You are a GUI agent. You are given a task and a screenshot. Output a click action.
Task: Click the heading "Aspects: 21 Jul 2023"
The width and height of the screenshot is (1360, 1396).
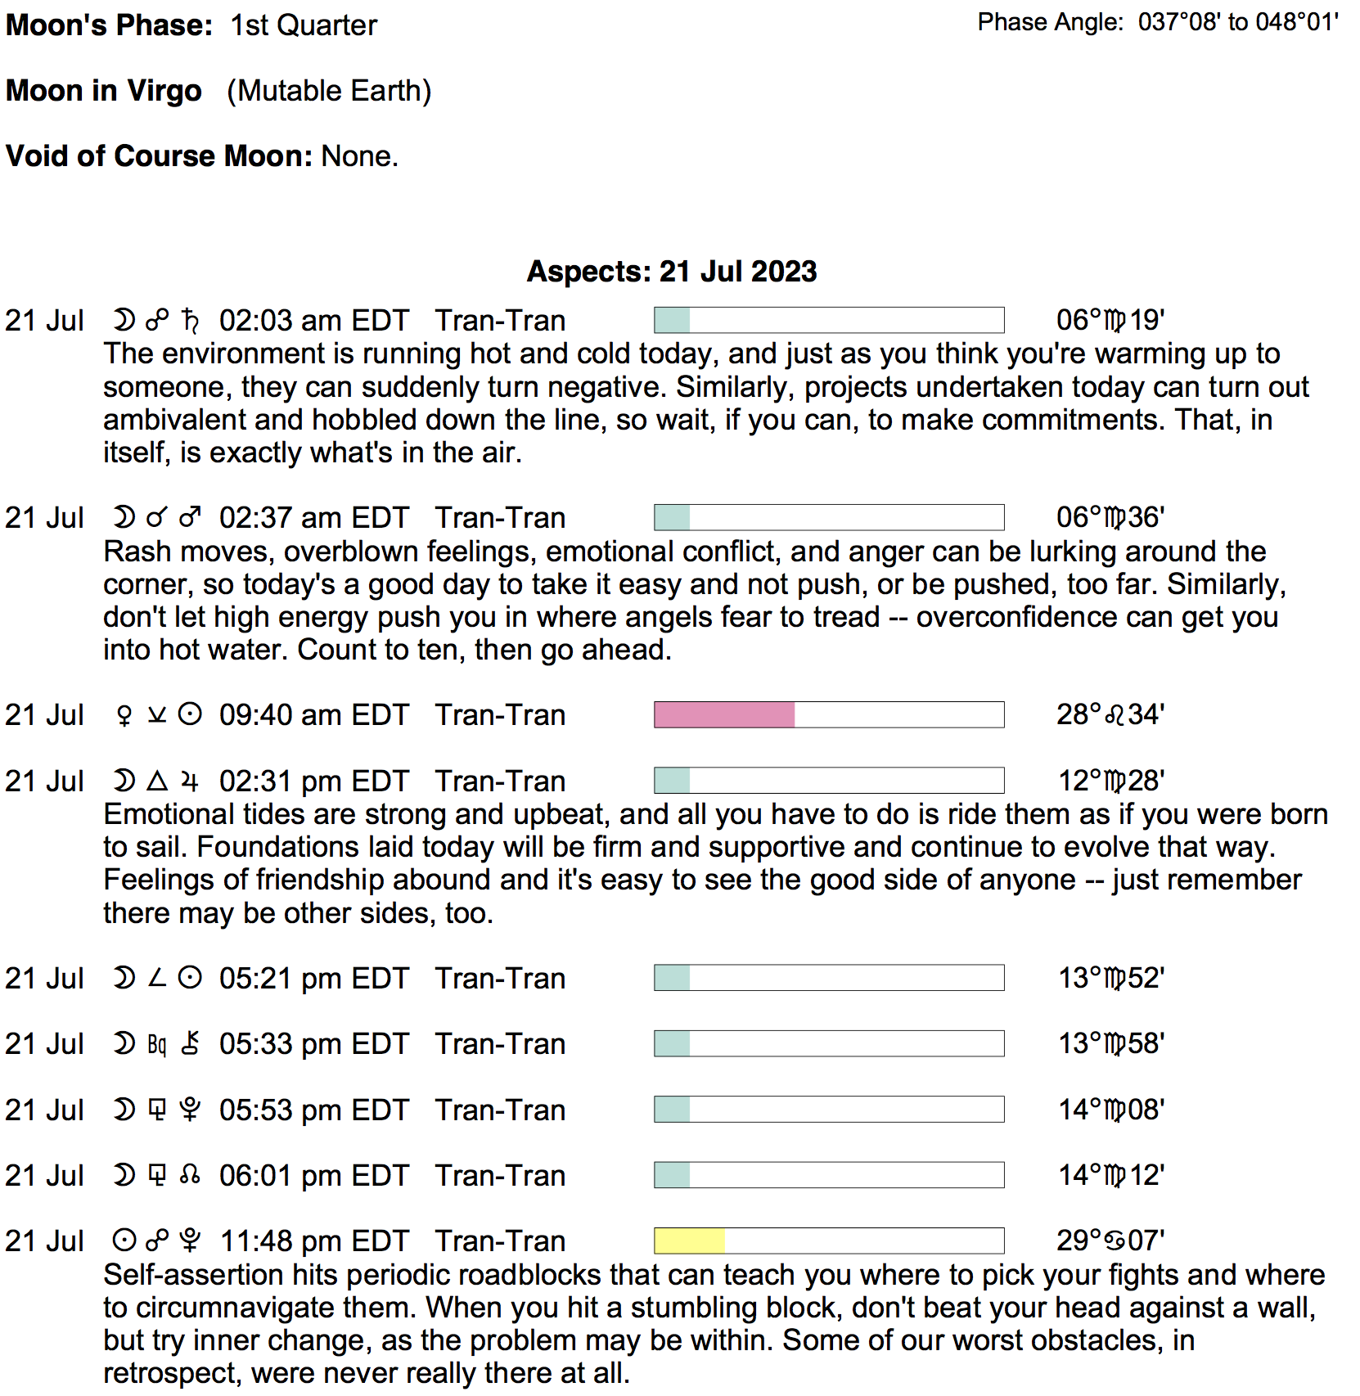(x=671, y=272)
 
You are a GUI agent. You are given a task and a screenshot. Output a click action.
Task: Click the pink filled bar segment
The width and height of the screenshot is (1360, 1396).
(x=724, y=714)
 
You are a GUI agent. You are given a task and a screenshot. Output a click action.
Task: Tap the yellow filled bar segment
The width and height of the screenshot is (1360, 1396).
(x=689, y=1241)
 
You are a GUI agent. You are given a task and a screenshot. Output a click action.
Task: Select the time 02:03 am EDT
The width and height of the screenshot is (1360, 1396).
(x=313, y=321)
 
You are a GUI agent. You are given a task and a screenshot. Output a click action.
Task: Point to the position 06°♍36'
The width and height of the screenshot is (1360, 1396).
(x=1110, y=517)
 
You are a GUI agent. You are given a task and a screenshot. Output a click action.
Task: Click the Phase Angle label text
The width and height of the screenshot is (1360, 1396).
(x=1050, y=22)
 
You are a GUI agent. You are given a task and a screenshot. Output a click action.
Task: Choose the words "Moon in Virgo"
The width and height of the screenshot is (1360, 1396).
(x=104, y=91)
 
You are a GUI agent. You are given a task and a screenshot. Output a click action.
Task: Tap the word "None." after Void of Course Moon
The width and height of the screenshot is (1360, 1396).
(x=360, y=156)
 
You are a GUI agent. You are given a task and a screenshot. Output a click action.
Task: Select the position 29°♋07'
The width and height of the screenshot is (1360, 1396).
(x=1110, y=1241)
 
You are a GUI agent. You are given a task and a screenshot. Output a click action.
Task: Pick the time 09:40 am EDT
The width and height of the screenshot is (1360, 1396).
(x=313, y=715)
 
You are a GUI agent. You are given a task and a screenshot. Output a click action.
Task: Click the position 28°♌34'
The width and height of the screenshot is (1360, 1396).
(x=1110, y=714)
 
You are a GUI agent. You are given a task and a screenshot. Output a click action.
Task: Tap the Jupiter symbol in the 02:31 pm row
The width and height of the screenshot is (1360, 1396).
(x=190, y=781)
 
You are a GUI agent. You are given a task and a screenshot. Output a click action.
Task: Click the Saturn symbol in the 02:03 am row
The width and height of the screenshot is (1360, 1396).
(x=190, y=321)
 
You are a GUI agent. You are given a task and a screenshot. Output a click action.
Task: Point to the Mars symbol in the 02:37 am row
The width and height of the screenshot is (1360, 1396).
(x=190, y=518)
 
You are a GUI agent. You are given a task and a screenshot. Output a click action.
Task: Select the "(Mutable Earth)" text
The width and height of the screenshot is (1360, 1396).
(x=329, y=91)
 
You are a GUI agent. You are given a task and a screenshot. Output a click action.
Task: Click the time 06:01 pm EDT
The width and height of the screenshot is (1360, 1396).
(x=313, y=1176)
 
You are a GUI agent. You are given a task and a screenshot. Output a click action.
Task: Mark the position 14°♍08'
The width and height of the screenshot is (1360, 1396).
(x=1110, y=1110)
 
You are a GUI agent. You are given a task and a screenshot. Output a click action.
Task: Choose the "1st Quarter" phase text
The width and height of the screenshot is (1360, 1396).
(x=304, y=25)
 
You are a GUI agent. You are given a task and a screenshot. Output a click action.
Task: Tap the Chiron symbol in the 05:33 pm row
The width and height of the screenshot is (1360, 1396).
(x=190, y=1044)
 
